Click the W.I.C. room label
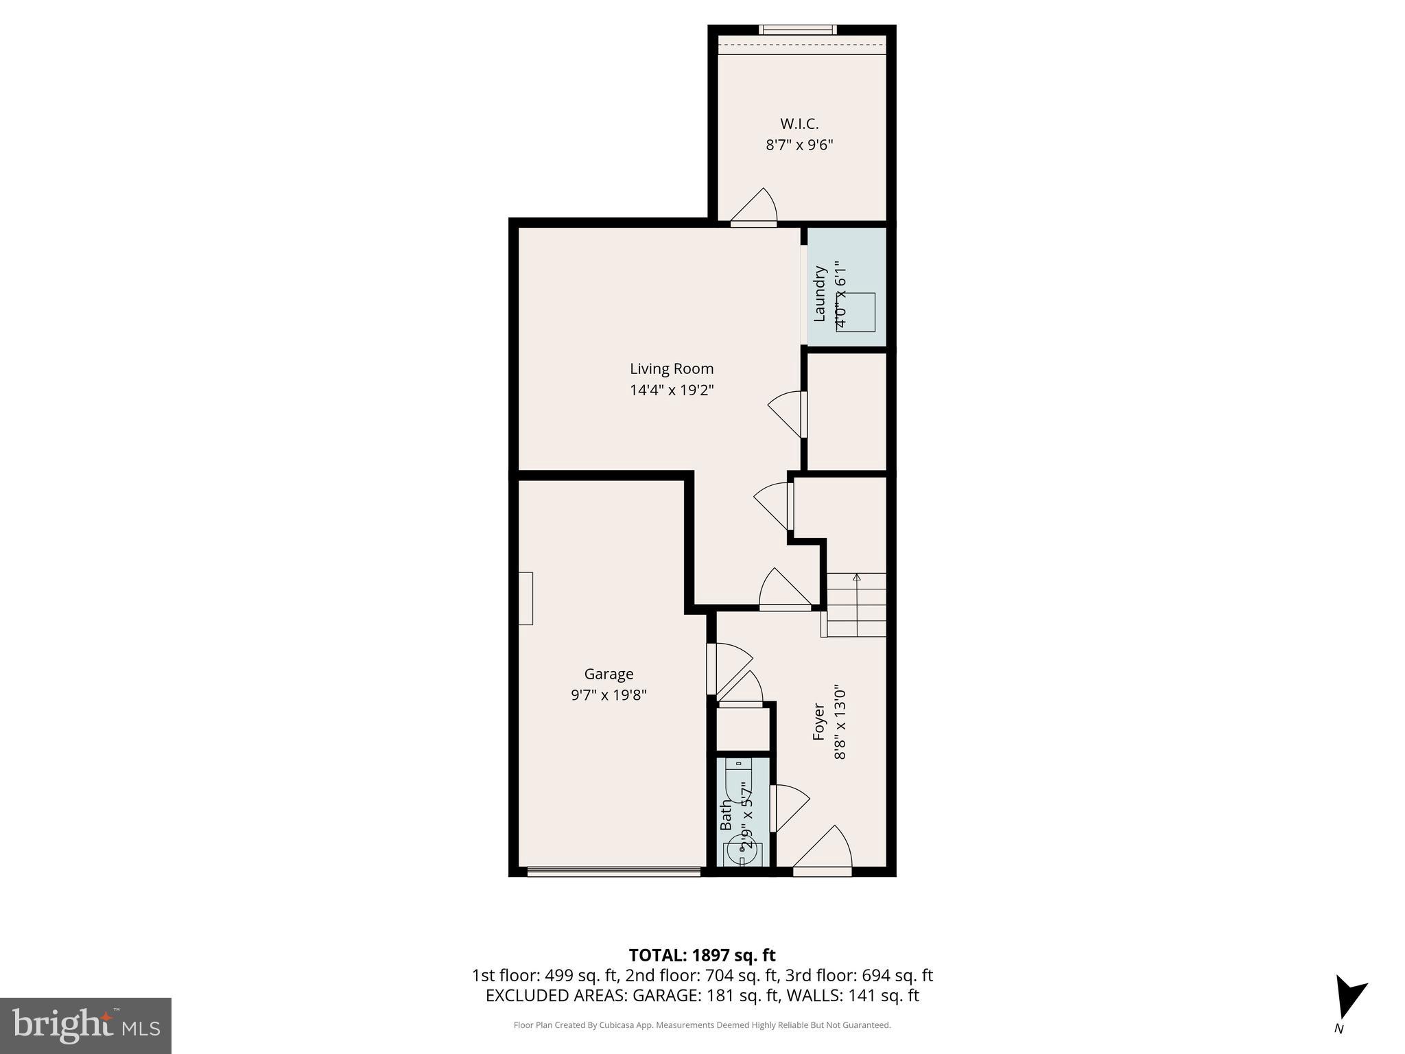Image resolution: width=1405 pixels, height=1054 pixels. (799, 124)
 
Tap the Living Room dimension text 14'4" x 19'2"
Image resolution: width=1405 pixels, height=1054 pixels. (672, 390)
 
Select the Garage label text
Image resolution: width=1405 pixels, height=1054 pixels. (609, 674)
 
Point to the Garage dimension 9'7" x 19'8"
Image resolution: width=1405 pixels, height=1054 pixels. (609, 695)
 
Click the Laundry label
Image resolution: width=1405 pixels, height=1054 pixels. (819, 294)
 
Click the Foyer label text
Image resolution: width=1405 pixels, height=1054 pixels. (818, 721)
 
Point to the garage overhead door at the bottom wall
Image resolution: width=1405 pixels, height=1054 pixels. (614, 871)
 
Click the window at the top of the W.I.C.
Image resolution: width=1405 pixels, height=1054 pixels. (798, 30)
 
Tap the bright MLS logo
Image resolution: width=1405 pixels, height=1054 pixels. (86, 1025)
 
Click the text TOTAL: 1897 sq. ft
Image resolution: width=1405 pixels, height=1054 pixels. (702, 955)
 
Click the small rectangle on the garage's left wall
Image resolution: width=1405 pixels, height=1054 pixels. (526, 598)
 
